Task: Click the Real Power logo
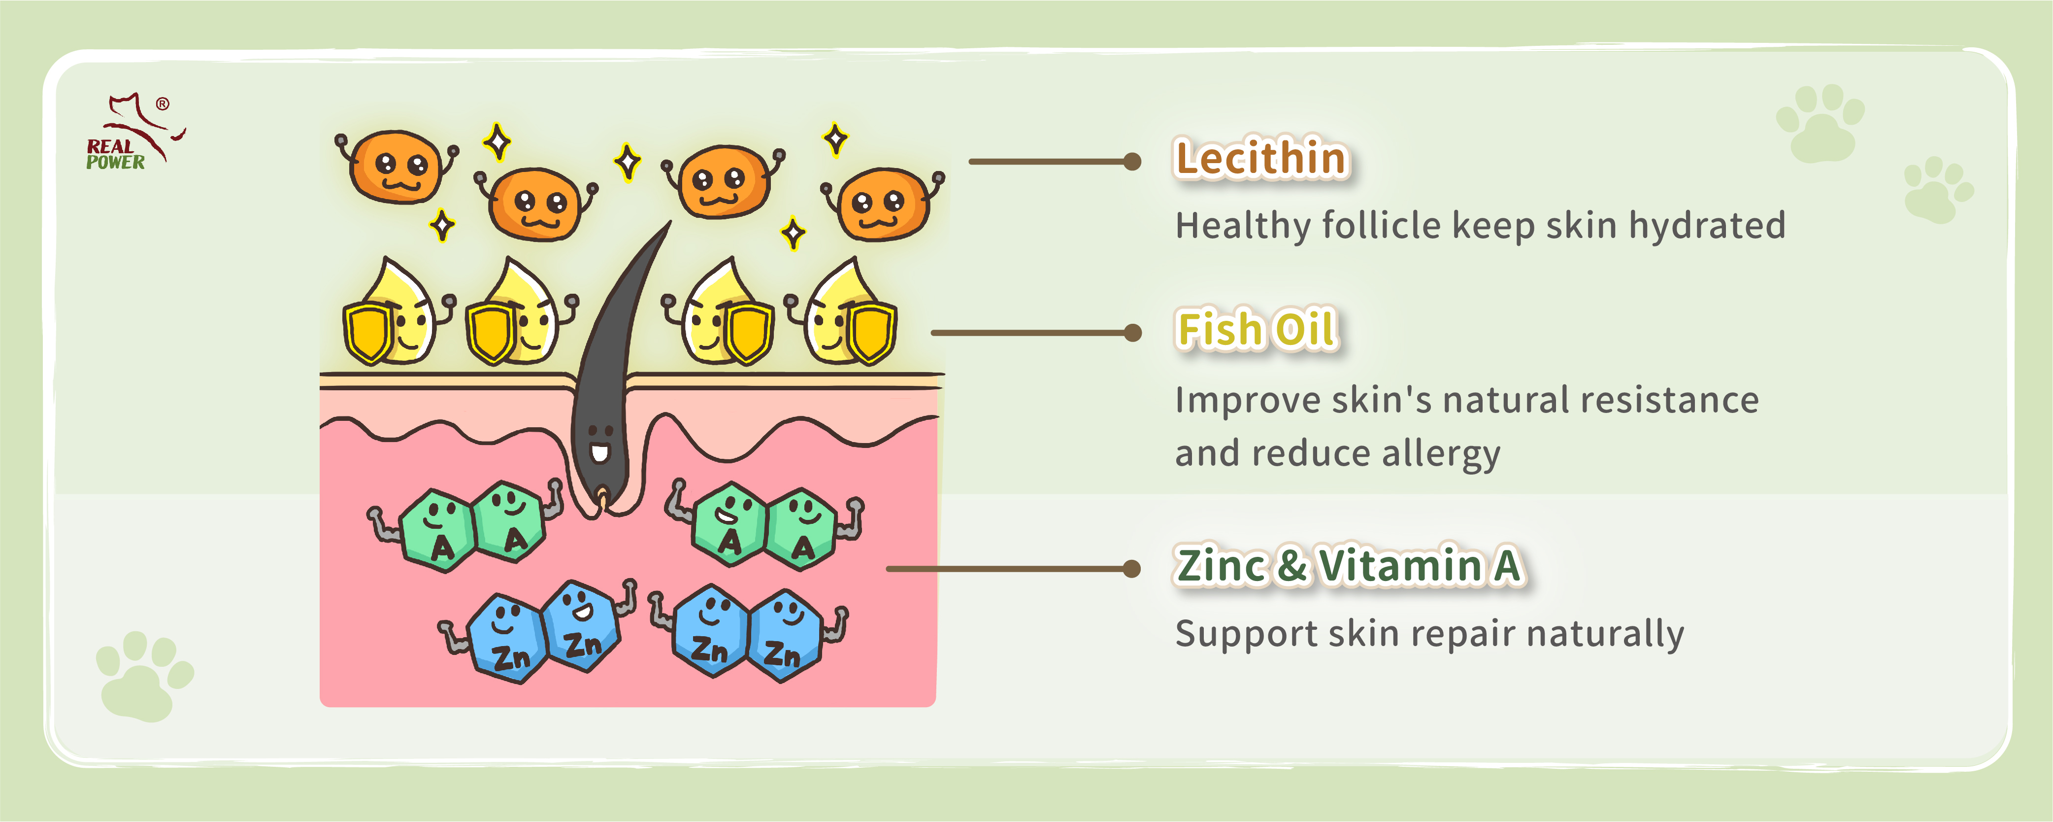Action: pyautogui.click(x=134, y=132)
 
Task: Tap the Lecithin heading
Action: pyautogui.click(x=1261, y=158)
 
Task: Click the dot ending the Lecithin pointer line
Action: pyautogui.click(x=1132, y=162)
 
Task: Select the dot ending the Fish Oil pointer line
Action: pyautogui.click(x=1132, y=333)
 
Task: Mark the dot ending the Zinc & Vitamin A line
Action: pyautogui.click(x=1132, y=569)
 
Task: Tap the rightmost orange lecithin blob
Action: pyautogui.click(x=883, y=204)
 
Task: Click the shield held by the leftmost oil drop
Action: pyautogui.click(x=368, y=333)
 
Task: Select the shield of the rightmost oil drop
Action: pyautogui.click(x=870, y=333)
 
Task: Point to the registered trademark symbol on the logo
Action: pyautogui.click(x=163, y=103)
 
